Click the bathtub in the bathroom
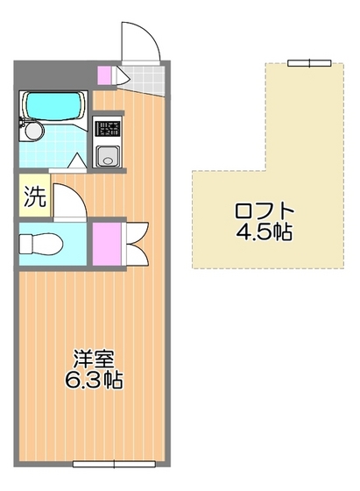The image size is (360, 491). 53,107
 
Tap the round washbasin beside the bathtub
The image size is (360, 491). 34,131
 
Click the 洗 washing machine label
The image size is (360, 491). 34,197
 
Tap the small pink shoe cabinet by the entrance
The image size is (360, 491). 105,75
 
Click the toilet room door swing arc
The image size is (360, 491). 68,200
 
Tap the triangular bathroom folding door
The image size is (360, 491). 76,161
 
